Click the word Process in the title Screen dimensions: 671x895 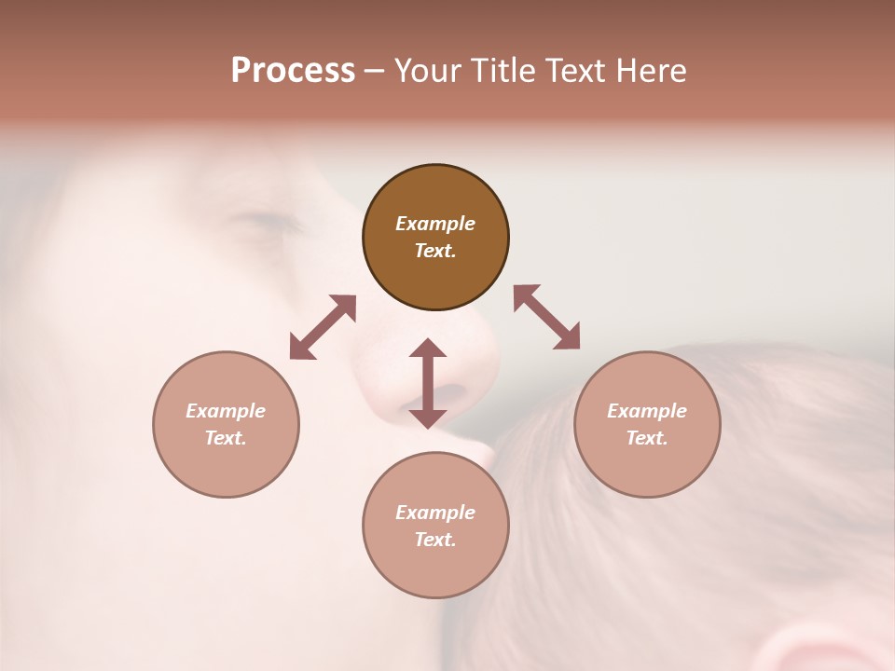[293, 71]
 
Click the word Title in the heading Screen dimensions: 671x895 [503, 71]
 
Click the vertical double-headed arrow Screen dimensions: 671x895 [428, 383]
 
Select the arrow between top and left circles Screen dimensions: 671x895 [323, 327]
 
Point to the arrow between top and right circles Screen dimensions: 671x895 [547, 317]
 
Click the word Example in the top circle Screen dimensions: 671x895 [435, 224]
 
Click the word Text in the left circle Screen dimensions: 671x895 [226, 438]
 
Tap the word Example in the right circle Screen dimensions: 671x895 [647, 411]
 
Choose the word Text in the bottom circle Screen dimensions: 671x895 [435, 540]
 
